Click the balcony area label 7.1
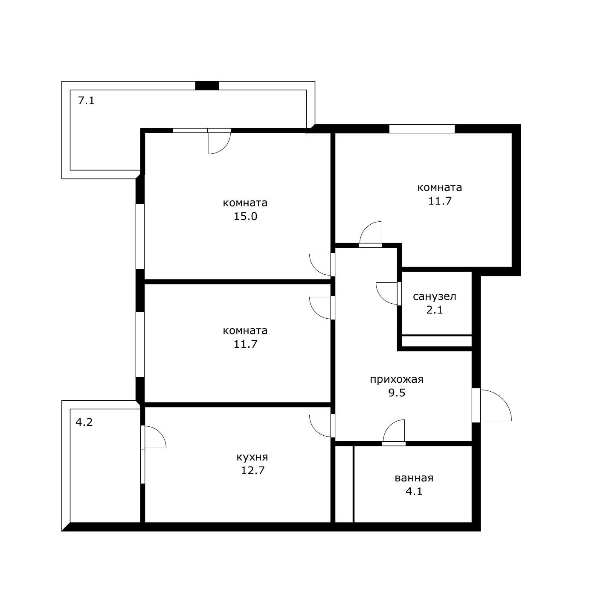[86, 101]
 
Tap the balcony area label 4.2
[84, 422]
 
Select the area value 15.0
[245, 216]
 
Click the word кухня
[252, 457]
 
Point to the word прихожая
[397, 379]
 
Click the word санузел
[435, 296]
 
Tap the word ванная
[414, 478]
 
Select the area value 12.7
[252, 470]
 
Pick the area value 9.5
[397, 393]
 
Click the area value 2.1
[435, 310]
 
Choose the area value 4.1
[414, 491]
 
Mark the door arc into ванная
[394, 431]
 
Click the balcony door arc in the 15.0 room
[219, 143]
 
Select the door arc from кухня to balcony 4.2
[155, 437]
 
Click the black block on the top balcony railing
[207, 85]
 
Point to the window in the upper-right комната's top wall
[422, 129]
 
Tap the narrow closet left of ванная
[344, 484]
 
